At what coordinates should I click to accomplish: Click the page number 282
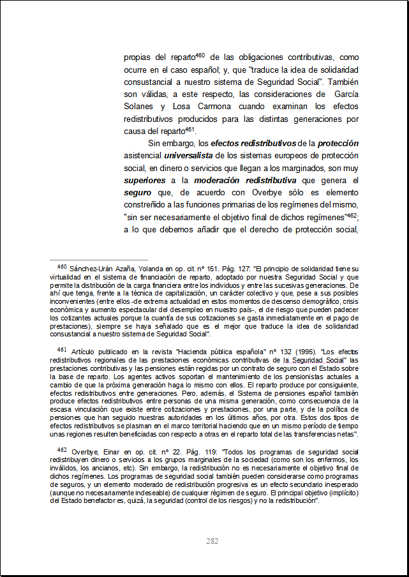tap(212, 541)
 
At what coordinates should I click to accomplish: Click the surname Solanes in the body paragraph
tap(138, 107)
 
